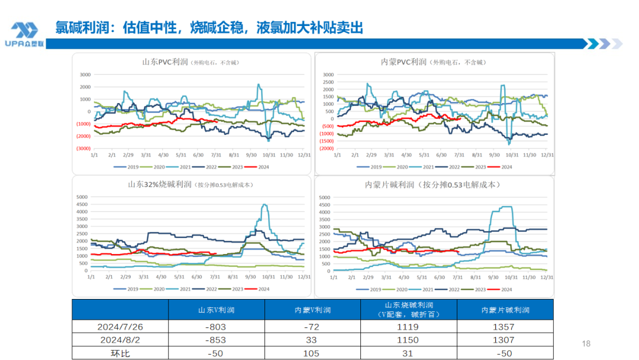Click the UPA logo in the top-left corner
click(24, 34)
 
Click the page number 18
click(586, 344)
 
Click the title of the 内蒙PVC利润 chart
click(433, 62)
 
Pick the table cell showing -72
click(312, 327)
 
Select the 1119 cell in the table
click(409, 327)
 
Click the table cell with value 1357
click(505, 327)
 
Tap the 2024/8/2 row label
click(121, 340)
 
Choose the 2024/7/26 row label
click(121, 327)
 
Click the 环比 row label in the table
click(121, 353)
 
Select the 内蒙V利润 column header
click(312, 310)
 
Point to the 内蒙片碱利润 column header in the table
click(505, 310)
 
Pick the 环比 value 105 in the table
click(312, 353)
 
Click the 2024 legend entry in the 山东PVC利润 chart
click(261, 166)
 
